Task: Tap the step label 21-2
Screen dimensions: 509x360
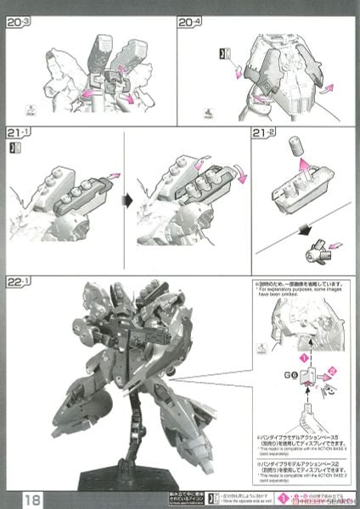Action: pyautogui.click(x=266, y=135)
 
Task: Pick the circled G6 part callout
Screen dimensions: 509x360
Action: pyautogui.click(x=289, y=373)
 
